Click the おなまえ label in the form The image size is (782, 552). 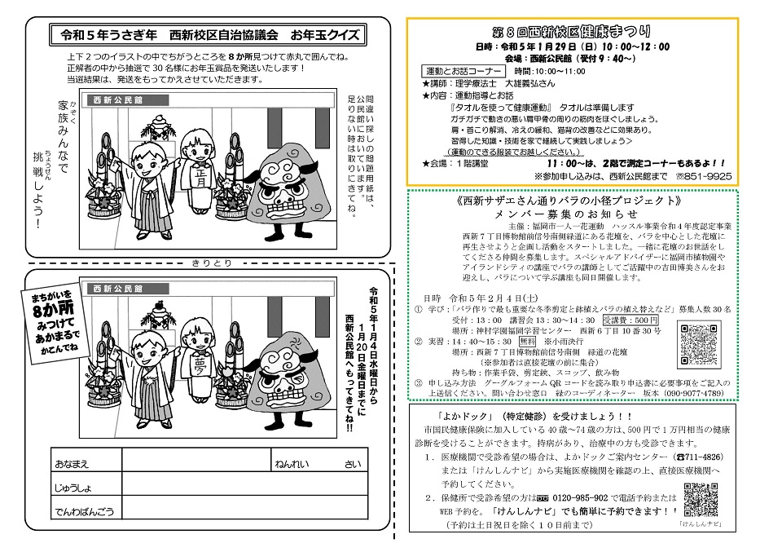click(72, 463)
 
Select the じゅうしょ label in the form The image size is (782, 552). click(74, 487)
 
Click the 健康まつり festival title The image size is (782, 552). click(583, 33)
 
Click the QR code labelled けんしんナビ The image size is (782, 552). click(701, 500)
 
